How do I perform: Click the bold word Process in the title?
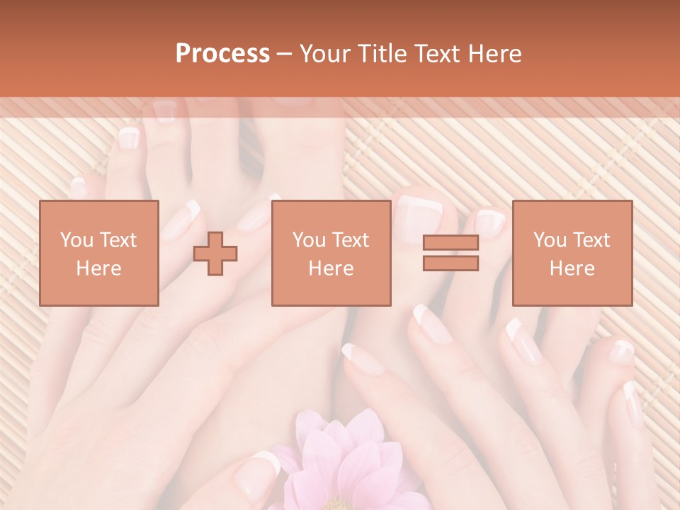[222, 54]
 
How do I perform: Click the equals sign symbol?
[450, 253]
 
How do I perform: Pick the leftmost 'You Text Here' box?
[99, 253]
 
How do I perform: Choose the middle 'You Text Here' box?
[331, 253]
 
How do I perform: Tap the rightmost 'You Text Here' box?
[572, 253]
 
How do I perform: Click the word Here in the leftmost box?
[99, 268]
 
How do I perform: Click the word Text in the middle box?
[351, 240]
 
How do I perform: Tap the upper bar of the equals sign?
[450, 243]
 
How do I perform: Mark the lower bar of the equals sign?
[450, 263]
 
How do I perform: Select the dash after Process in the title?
[285, 54]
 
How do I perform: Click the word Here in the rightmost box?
[572, 268]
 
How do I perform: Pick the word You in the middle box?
[308, 240]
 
